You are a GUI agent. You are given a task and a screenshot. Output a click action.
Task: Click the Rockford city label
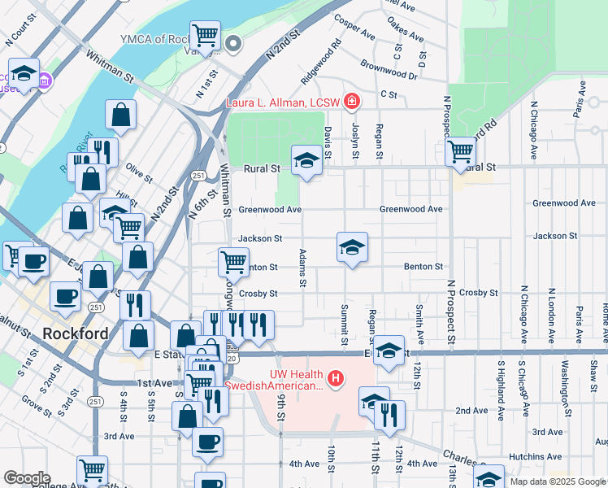[75, 333]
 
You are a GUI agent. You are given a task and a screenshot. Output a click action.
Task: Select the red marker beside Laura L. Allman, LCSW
[352, 102]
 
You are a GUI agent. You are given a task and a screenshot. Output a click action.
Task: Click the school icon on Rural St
[306, 160]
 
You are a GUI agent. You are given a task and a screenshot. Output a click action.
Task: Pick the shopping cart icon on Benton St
[233, 261]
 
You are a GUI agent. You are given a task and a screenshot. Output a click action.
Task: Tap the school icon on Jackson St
[352, 247]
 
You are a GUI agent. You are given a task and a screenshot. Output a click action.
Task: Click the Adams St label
[302, 268]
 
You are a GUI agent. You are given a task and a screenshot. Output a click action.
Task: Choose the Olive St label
[140, 175]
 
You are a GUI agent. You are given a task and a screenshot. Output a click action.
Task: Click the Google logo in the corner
[27, 478]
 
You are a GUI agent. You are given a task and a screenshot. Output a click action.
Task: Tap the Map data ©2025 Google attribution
[557, 481]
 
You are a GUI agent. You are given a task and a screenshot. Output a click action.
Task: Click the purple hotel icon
[45, 81]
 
